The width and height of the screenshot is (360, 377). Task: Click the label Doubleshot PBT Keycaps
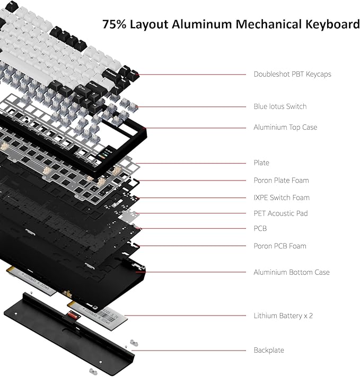pyautogui.click(x=292, y=74)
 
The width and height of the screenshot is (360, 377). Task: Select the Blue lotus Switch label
pyautogui.click(x=280, y=106)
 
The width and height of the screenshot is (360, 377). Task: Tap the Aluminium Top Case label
pyautogui.click(x=285, y=127)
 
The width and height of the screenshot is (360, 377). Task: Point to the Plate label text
pyautogui.click(x=261, y=163)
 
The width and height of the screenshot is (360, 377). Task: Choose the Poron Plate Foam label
pyautogui.click(x=281, y=181)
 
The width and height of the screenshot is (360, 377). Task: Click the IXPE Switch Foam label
pyautogui.click(x=282, y=198)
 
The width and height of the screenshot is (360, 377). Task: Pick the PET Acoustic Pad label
pyautogui.click(x=280, y=213)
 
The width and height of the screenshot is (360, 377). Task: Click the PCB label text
pyautogui.click(x=260, y=229)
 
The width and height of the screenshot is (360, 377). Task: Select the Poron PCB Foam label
pyautogui.click(x=279, y=246)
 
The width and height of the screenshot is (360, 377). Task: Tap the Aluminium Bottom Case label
pyautogui.click(x=291, y=272)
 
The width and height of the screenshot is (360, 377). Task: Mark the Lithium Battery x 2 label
pyautogui.click(x=283, y=316)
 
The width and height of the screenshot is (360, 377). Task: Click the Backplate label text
pyautogui.click(x=268, y=350)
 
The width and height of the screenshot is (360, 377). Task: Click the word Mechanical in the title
pyautogui.click(x=260, y=24)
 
